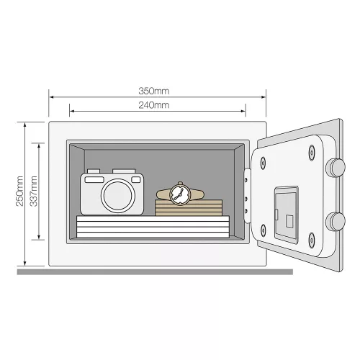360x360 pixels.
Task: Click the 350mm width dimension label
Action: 154,91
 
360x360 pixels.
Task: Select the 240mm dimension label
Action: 154,105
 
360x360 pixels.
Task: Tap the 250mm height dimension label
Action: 19,191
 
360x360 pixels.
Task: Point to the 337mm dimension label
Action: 33,191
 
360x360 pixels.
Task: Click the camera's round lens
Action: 117,196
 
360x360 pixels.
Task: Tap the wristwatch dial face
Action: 180,194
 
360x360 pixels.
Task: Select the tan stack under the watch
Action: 189,207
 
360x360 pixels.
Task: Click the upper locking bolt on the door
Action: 336,167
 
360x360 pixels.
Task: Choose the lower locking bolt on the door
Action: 336,222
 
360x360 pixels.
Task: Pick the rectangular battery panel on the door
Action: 287,215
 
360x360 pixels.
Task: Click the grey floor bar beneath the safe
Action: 155,271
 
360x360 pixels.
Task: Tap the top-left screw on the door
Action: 263,163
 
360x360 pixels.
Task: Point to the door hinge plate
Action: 247,196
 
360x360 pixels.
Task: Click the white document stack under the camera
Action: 153,227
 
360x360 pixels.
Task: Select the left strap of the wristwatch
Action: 163,194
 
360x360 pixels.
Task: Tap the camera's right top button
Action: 124,171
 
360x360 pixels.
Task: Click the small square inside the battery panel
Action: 289,221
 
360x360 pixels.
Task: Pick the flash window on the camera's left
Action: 94,179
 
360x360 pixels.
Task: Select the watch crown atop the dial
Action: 180,184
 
